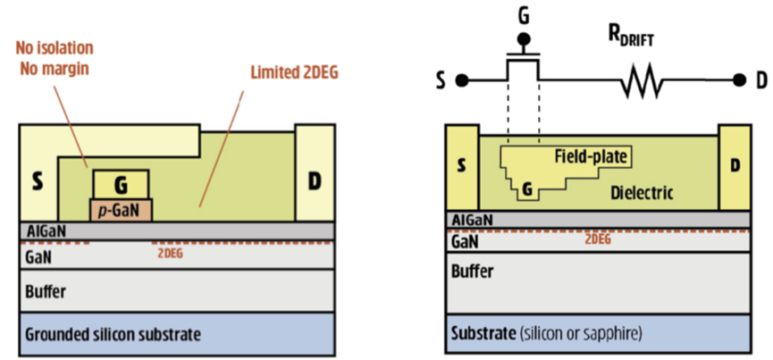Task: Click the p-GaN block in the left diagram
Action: coord(121,209)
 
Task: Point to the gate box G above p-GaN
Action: coord(121,186)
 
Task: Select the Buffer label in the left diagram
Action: coord(46,291)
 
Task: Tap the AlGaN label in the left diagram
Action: coord(46,230)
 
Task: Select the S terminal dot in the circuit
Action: coord(463,81)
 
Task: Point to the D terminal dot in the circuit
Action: coord(738,81)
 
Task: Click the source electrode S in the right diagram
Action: coord(461,166)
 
